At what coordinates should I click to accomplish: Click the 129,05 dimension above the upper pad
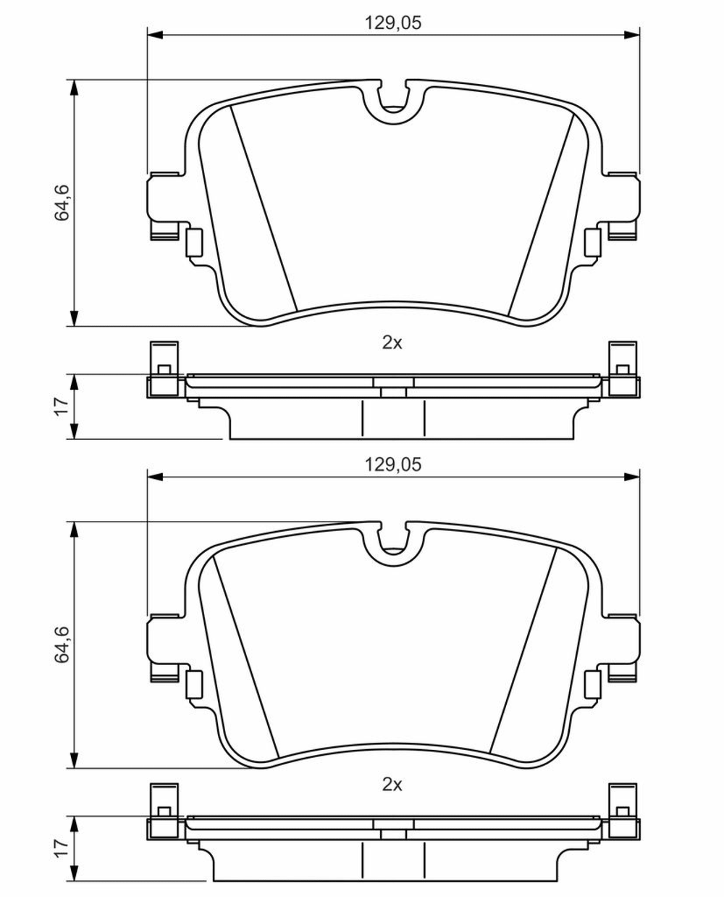[392, 22]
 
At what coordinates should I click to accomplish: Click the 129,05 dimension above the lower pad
[392, 465]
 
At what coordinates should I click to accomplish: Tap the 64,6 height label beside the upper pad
[62, 202]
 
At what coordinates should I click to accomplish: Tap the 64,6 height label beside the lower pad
[62, 644]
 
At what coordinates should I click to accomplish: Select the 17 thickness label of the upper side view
[62, 406]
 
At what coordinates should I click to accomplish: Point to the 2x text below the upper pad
[392, 343]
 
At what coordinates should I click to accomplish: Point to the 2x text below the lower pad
[392, 785]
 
